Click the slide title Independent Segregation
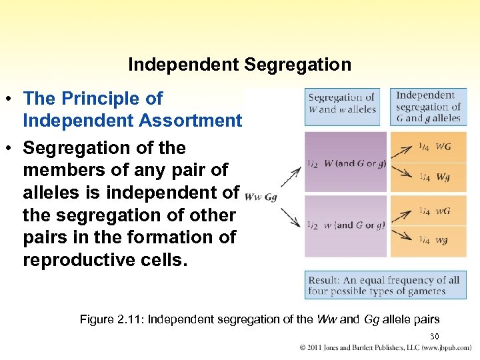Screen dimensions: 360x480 (239, 65)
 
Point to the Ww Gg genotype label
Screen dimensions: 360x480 (261, 197)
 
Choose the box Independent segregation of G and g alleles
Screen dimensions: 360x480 (428, 107)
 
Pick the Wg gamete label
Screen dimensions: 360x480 (443, 177)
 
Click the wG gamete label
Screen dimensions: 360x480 (443, 211)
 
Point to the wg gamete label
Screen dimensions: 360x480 (442, 240)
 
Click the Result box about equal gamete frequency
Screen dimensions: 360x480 (385, 285)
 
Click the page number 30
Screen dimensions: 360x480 (434, 336)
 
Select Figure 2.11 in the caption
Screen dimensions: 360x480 (111, 319)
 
